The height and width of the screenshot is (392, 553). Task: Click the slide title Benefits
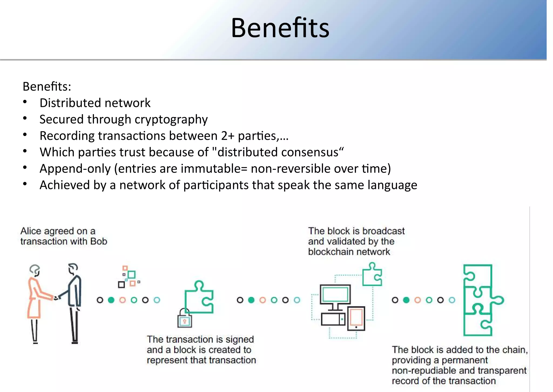click(280, 28)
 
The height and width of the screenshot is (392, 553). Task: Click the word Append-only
click(75, 169)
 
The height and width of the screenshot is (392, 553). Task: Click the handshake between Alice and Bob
click(56, 298)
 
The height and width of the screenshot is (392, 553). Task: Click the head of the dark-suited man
click(73, 268)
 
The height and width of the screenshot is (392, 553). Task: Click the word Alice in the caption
click(31, 231)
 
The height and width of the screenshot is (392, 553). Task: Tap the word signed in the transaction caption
click(240, 340)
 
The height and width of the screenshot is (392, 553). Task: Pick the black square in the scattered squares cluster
click(122, 284)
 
